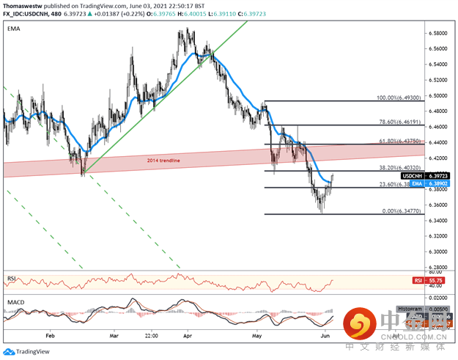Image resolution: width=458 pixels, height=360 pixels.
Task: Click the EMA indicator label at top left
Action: click(12, 29)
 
